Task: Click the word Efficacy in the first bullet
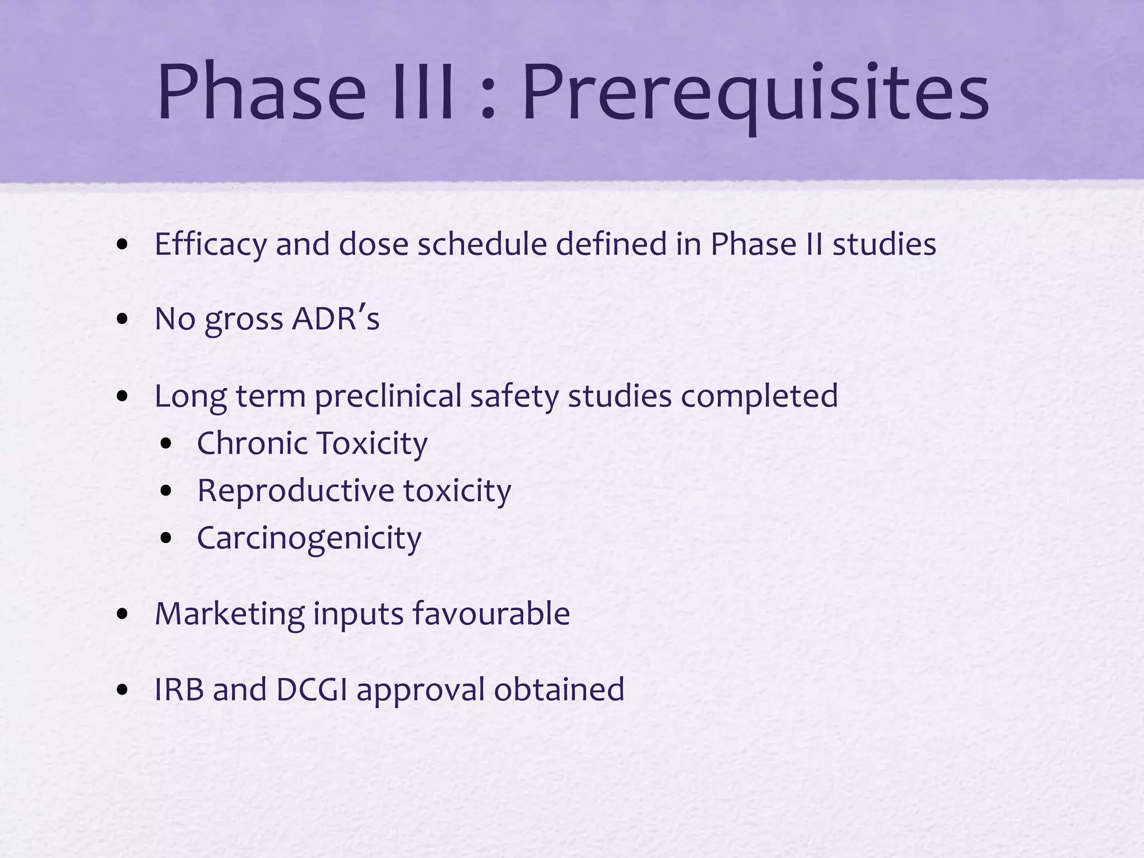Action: (x=211, y=245)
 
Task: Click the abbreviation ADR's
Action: (x=336, y=319)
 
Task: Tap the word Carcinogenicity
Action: (x=309, y=538)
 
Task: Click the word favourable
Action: (x=491, y=613)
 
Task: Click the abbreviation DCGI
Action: (x=312, y=689)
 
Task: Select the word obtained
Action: (x=559, y=689)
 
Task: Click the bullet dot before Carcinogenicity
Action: (x=166, y=538)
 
